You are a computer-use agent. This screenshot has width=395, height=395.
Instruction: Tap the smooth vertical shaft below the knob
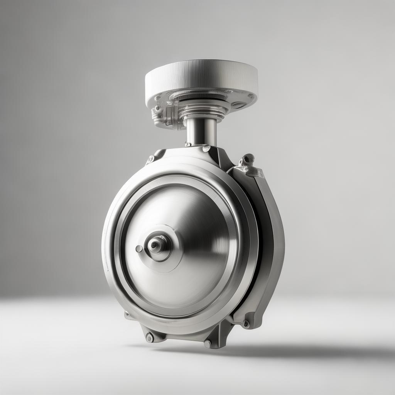pyautogui.click(x=201, y=131)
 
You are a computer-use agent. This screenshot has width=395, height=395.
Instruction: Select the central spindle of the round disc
pyautogui.click(x=156, y=244)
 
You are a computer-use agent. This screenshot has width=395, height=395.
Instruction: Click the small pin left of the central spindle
pyautogui.click(x=139, y=248)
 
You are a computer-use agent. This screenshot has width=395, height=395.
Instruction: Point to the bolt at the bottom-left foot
pyautogui.click(x=150, y=338)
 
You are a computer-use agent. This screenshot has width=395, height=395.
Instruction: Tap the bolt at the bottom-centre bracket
pyautogui.click(x=208, y=343)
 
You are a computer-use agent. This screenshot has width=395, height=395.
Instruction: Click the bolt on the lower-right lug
pyautogui.click(x=246, y=324)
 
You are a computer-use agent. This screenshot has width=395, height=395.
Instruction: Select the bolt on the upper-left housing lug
pyautogui.click(x=151, y=159)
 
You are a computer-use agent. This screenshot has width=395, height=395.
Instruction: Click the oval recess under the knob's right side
pyautogui.click(x=238, y=105)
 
